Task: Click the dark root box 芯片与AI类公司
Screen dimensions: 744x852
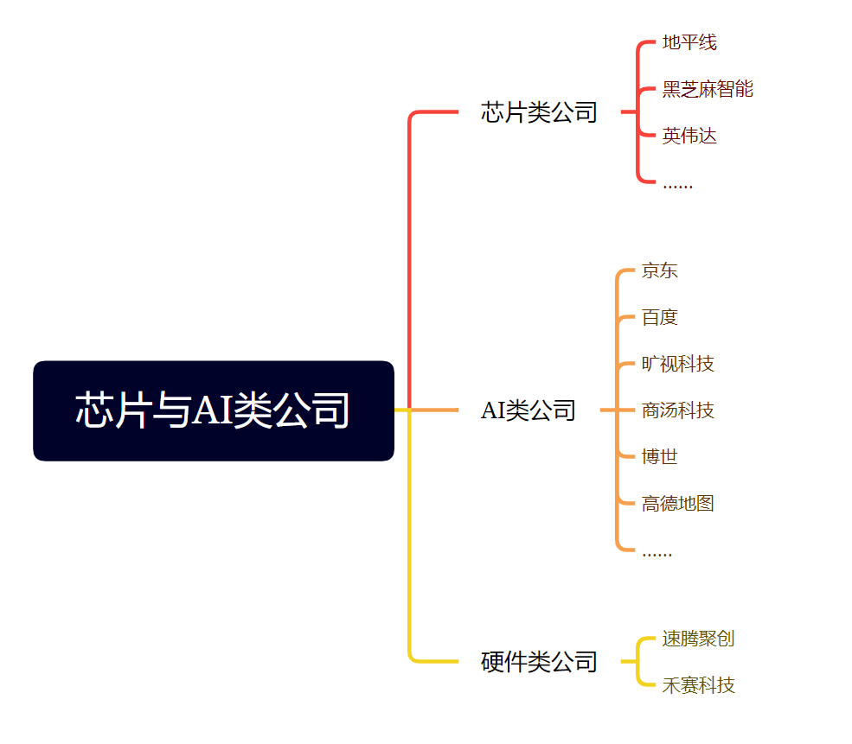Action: (x=213, y=410)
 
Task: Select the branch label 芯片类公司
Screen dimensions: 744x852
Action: (x=539, y=112)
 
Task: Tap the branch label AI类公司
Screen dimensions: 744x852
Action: (x=528, y=410)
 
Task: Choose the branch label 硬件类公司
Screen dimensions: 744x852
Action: (x=539, y=663)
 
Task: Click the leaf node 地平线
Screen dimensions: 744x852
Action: (x=689, y=42)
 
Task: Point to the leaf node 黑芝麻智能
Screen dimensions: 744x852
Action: (x=708, y=89)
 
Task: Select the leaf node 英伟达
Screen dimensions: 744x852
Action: (x=689, y=136)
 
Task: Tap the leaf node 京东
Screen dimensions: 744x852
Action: (x=659, y=270)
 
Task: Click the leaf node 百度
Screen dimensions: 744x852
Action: (x=659, y=317)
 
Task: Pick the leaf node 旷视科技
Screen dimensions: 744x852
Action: (x=677, y=364)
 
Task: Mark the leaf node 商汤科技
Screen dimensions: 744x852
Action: (x=677, y=410)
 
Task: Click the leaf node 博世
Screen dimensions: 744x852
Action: (x=659, y=457)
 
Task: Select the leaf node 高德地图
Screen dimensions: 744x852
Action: (x=677, y=504)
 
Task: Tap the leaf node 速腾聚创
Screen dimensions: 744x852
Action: (x=698, y=639)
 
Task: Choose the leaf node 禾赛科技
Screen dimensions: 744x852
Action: (x=698, y=685)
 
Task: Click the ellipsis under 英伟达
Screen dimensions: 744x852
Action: (x=677, y=185)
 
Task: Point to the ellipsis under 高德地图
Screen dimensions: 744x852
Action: (x=657, y=553)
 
